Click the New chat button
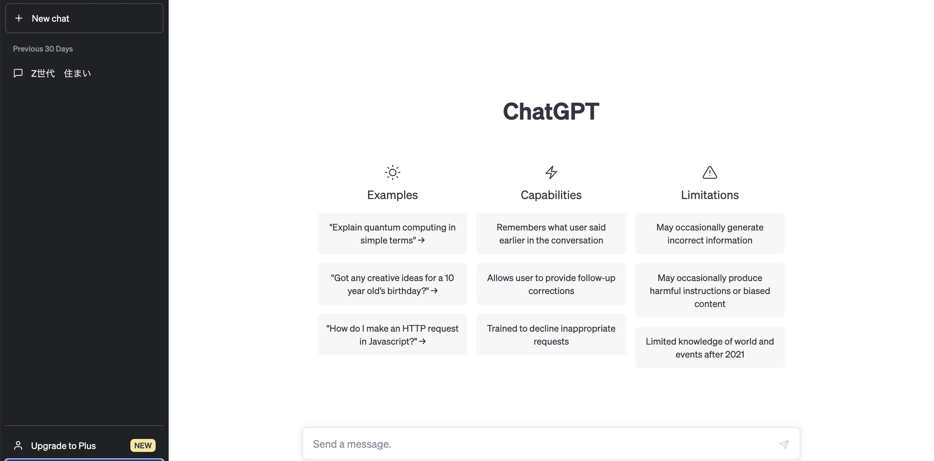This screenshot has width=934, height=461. point(84,18)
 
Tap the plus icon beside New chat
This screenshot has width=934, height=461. point(19,18)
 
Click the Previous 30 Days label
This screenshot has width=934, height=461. point(43,49)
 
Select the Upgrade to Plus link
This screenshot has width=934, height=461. point(64,445)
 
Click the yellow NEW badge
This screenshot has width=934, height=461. point(143,445)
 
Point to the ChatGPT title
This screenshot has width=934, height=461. point(551,111)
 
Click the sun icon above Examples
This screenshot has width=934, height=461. point(392,172)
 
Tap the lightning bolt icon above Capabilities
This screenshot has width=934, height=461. point(551,172)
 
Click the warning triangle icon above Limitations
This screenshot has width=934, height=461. point(710,172)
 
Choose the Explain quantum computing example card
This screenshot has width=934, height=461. point(392,233)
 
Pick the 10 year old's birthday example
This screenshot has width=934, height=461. point(392,284)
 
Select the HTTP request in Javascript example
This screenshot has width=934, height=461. point(392,335)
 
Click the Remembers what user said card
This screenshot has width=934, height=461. point(551,233)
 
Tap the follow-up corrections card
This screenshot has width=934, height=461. point(551,284)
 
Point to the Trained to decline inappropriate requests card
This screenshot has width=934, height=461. point(551,335)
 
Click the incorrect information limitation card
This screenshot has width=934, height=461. point(710,233)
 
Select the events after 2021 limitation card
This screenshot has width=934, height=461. point(710,348)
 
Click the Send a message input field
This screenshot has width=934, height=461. point(544,444)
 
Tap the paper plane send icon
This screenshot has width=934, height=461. point(784,444)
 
